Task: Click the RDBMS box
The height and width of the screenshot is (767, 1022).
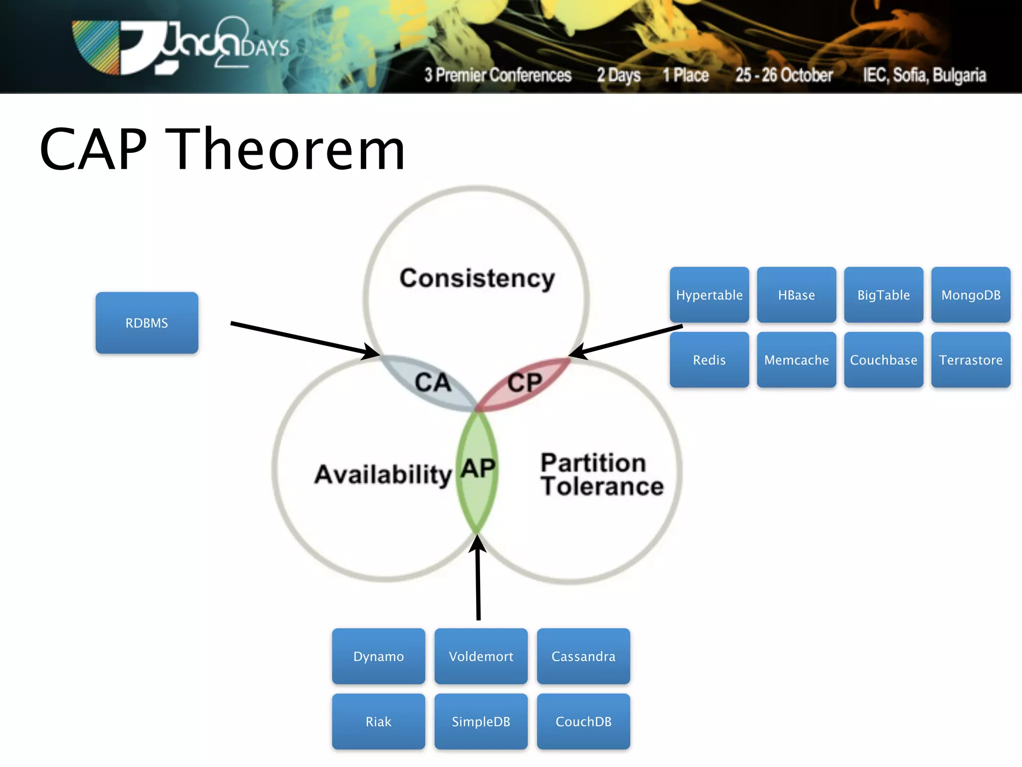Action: coord(147,323)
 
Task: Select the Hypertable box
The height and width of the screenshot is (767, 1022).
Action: coord(709,295)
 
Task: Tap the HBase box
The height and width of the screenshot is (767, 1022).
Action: coord(796,295)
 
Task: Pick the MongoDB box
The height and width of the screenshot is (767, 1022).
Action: coord(971,295)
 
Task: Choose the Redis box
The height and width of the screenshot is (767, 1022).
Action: coord(709,360)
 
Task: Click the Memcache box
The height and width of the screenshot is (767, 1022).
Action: coord(796,360)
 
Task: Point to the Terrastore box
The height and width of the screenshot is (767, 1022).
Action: coord(971,360)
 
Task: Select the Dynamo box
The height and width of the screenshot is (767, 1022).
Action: coord(378,656)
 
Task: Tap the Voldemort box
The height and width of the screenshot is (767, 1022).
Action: coord(481,656)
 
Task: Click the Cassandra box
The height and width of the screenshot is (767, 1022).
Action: coord(583,656)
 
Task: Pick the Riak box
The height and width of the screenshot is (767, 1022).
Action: coord(378,721)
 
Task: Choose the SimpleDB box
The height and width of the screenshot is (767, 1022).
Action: coord(481,721)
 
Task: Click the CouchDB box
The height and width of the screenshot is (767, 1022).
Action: coord(583,721)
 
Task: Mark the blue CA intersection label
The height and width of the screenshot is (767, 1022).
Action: coord(433,383)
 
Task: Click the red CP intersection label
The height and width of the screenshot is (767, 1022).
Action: coord(524,383)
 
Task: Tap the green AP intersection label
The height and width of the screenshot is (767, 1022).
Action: coord(478,469)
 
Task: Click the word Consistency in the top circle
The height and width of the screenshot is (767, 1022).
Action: coord(477,278)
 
